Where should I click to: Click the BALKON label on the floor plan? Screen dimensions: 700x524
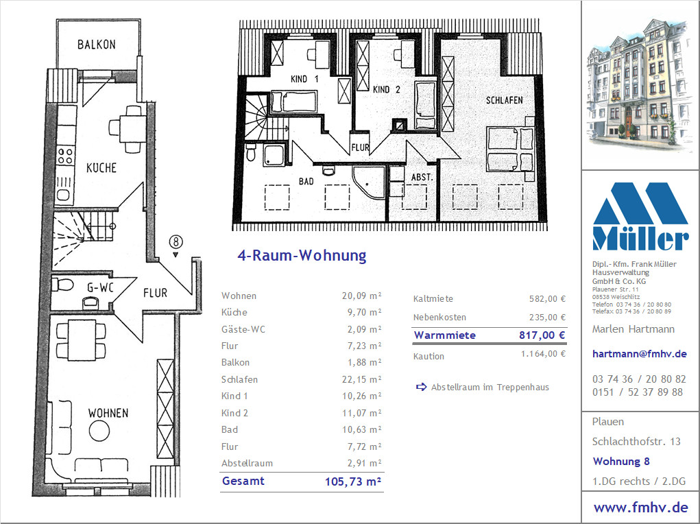coord(97,44)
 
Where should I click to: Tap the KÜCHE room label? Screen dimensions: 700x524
coord(101,167)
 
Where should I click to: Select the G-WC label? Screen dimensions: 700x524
coord(101,287)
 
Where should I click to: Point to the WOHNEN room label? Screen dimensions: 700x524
coord(108,413)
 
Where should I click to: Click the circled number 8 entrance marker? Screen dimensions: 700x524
coord(176,241)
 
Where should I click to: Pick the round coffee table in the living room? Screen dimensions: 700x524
coord(99,431)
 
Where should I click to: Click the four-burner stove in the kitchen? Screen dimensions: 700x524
coord(65,156)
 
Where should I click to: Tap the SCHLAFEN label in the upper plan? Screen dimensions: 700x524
coord(505,100)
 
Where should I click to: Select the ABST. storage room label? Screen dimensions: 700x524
coord(422,178)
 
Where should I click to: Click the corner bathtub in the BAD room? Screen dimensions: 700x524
coord(369,182)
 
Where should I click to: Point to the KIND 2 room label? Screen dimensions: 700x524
coord(387,89)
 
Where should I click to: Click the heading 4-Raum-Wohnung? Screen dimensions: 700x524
coord(302,256)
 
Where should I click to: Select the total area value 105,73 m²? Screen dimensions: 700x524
coord(353,481)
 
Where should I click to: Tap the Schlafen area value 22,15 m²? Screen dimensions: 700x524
coord(362,379)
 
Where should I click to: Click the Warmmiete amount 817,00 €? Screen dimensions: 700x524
coord(542,335)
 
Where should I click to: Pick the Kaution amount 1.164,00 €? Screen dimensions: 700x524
coord(543,354)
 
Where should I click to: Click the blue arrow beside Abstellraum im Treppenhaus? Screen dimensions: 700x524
coord(421,387)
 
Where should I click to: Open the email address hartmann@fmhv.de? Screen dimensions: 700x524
coord(639,354)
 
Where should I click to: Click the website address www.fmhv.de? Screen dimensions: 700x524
coord(640,508)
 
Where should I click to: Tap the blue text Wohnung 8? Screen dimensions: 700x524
coord(621,462)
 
